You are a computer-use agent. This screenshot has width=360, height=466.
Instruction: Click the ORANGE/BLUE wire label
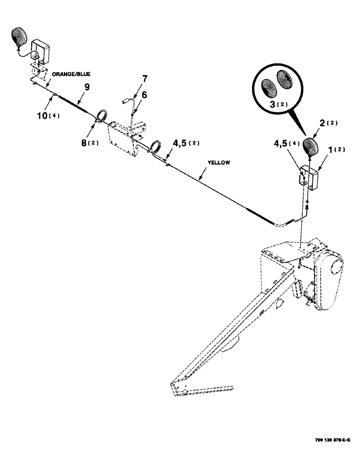click(x=71, y=74)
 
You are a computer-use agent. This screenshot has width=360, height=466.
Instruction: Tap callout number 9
click(x=86, y=86)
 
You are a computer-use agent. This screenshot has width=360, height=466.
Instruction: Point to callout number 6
click(x=144, y=94)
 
